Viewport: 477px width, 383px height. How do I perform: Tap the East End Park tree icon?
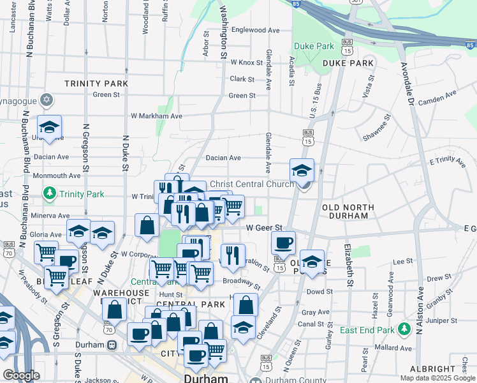404,329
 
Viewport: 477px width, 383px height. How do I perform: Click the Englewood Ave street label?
256,30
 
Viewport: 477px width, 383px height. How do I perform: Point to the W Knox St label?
247,63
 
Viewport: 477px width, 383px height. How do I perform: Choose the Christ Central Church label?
252,184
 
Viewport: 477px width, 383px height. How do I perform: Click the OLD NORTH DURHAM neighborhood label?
346,212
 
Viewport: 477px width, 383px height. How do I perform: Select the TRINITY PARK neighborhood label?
96,84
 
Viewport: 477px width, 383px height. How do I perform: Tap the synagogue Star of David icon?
46,100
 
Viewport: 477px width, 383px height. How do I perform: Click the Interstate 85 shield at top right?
471,45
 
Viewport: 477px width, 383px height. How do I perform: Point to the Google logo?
21,375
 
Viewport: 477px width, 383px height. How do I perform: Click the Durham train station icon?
112,345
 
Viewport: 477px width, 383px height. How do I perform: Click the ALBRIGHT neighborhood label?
432,369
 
